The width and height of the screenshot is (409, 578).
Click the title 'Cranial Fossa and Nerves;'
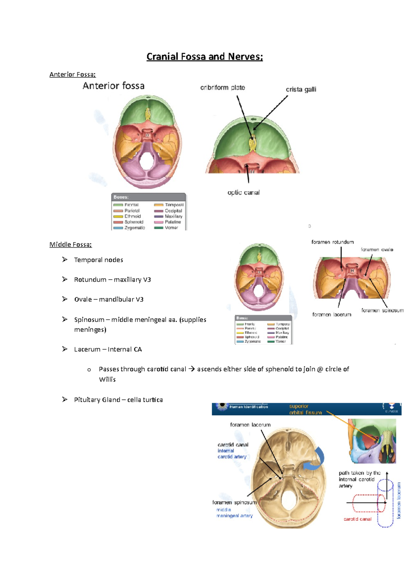tap(204, 57)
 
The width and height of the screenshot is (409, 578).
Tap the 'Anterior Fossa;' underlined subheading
tap(72, 74)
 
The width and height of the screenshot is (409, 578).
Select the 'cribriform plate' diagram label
tap(223, 87)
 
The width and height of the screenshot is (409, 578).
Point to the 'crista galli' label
tap(301, 90)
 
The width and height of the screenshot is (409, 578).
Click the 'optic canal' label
tap(243, 193)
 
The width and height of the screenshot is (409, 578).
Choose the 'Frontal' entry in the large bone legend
tap(131, 205)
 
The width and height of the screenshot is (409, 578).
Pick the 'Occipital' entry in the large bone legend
tap(173, 211)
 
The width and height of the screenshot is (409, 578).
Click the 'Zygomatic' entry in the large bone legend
tap(134, 228)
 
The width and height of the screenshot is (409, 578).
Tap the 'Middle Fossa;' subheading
tap(71, 244)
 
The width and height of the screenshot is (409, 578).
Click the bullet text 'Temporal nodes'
tap(99, 260)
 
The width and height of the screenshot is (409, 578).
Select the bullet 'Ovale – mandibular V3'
tap(109, 299)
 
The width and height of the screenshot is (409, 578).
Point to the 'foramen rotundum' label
tap(332, 242)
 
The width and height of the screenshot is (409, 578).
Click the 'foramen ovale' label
tap(377, 250)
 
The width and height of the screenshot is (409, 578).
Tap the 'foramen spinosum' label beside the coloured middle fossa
tap(382, 310)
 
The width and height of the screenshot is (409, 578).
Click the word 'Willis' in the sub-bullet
tap(107, 379)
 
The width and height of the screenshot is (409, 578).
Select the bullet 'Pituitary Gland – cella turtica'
tap(118, 400)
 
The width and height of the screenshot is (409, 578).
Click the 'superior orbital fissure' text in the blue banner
tap(305, 409)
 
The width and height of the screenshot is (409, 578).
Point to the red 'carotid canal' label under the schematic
tap(357, 519)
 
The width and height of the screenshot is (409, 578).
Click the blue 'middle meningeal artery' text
tap(234, 513)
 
